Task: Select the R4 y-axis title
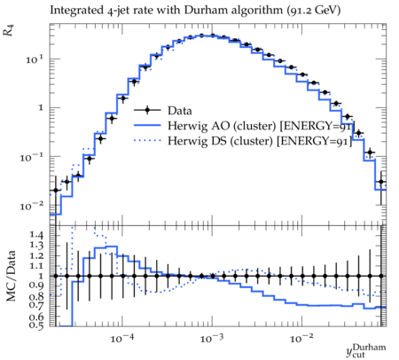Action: coord(9,30)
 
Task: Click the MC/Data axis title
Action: coord(12,276)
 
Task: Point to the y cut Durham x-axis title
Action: coord(366,350)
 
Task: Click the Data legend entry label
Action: coord(180,111)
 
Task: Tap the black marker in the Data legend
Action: coord(147,110)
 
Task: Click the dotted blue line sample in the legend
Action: coord(147,141)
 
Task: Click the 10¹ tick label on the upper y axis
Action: coord(35,59)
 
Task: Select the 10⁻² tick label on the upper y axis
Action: coord(32,206)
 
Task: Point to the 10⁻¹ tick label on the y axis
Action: coord(32,157)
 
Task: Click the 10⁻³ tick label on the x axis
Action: coord(212,338)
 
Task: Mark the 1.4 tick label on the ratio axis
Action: coord(36,235)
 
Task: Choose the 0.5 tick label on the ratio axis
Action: coord(36,325)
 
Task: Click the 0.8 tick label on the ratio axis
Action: coord(36,296)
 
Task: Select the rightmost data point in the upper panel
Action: coord(381,182)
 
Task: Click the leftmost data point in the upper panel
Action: coord(55,190)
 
